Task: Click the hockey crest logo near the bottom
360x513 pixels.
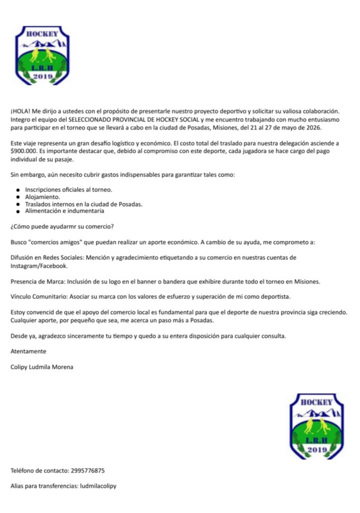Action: (317, 426)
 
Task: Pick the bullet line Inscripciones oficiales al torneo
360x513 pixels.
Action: (69, 190)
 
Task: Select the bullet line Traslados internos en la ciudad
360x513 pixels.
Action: (84, 204)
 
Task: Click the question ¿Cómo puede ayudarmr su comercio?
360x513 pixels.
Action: (62, 226)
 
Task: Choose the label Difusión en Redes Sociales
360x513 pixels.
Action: (47, 258)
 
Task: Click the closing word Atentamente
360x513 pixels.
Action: (28, 351)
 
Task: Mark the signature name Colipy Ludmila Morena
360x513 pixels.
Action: (42, 367)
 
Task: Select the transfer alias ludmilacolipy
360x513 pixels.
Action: (98, 486)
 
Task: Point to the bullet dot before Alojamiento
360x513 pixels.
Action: (18, 198)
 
